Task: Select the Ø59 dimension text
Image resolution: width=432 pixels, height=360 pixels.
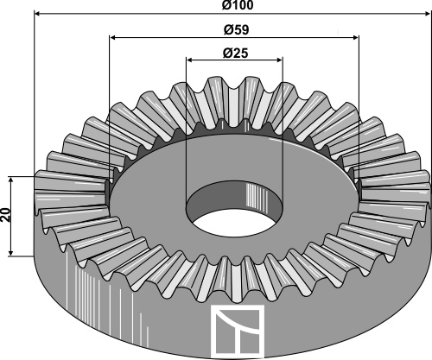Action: [235, 28]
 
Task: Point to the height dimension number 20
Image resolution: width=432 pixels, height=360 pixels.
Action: [6, 216]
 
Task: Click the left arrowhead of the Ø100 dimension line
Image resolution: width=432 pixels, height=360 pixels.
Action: [38, 16]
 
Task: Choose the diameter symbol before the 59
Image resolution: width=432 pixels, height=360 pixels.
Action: [226, 28]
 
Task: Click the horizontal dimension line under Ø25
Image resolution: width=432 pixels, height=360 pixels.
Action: [216, 60]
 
